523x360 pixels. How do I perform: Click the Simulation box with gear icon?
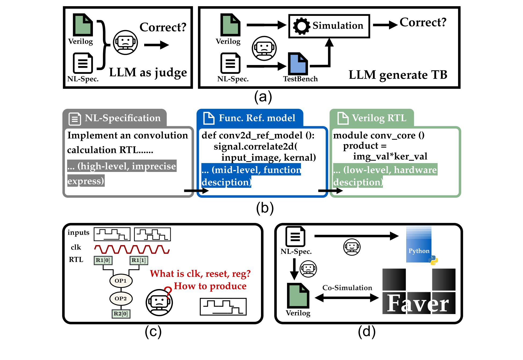click(x=329, y=26)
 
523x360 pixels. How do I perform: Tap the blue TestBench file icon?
click(x=298, y=64)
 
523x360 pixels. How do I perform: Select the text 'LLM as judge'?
click(x=148, y=73)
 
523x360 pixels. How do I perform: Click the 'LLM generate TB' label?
click(x=398, y=75)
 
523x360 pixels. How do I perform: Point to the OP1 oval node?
click(x=121, y=281)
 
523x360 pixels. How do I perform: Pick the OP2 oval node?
click(x=121, y=298)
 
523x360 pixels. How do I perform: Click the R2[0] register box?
click(x=121, y=314)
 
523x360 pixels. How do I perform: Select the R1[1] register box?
click(x=139, y=260)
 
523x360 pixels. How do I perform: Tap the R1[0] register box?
click(x=103, y=260)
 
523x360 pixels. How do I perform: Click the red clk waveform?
click(x=132, y=249)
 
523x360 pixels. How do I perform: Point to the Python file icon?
click(x=419, y=244)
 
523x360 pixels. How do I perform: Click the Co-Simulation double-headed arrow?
click(x=347, y=298)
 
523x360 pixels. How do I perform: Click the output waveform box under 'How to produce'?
click(x=223, y=307)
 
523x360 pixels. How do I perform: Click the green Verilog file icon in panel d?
click(x=298, y=296)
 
